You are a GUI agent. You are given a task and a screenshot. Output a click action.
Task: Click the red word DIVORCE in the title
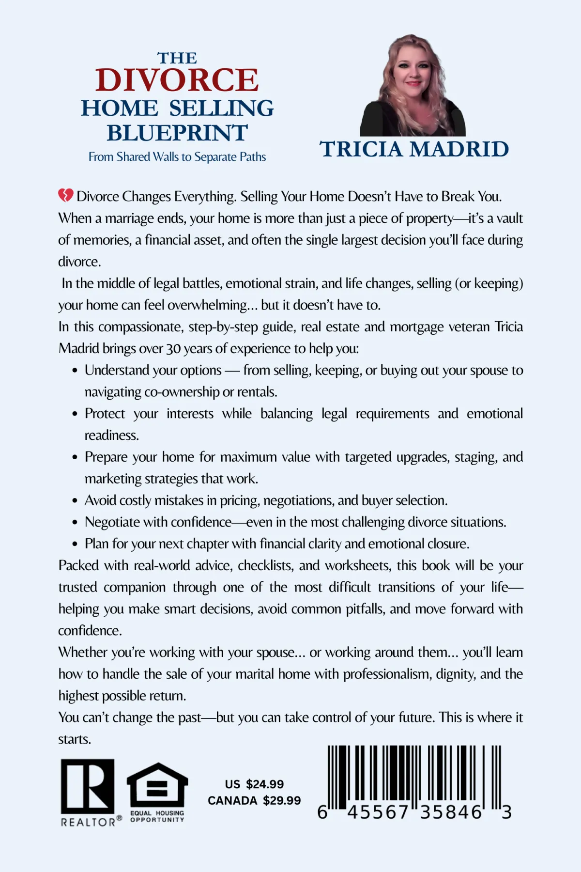click(177, 80)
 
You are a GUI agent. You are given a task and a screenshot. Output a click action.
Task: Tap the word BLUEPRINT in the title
click(177, 133)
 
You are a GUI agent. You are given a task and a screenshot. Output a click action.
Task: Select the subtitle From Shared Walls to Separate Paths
click(177, 157)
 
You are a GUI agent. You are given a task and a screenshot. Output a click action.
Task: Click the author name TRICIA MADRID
click(414, 149)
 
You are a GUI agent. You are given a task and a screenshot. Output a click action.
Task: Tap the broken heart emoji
click(66, 196)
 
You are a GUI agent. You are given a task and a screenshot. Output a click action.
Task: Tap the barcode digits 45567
click(378, 812)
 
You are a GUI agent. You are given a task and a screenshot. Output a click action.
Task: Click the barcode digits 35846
click(451, 812)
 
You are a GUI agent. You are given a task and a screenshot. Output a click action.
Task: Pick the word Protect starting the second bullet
click(105, 414)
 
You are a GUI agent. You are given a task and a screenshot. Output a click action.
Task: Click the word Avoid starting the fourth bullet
click(100, 500)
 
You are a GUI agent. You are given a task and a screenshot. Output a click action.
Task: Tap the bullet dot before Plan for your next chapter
click(75, 545)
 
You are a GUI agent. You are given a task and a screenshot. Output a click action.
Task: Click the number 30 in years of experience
click(173, 349)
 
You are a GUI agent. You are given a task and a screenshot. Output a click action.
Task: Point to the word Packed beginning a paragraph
click(79, 566)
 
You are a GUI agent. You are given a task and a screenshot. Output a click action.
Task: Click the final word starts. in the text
click(75, 739)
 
